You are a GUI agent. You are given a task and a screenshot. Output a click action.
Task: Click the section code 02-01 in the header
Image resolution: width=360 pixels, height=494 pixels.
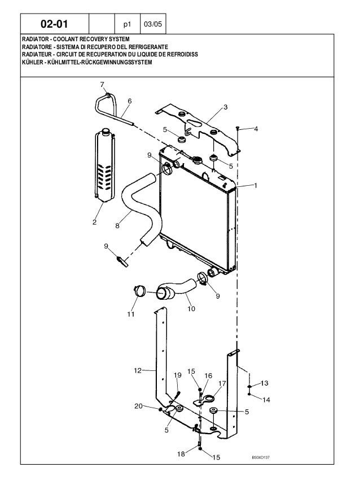coord(55,24)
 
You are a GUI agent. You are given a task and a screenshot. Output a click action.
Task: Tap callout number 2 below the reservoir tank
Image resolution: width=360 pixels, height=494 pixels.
coord(95,222)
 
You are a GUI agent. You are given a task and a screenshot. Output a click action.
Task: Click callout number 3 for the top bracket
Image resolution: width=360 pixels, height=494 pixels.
coord(225,107)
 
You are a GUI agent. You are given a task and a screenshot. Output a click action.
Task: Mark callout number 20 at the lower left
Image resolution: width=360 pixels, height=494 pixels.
coord(138,406)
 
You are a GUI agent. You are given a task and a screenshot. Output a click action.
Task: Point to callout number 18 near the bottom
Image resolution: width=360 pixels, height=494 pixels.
coord(180,453)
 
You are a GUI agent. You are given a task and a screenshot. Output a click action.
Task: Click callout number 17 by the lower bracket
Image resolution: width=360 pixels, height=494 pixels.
coord(222,383)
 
